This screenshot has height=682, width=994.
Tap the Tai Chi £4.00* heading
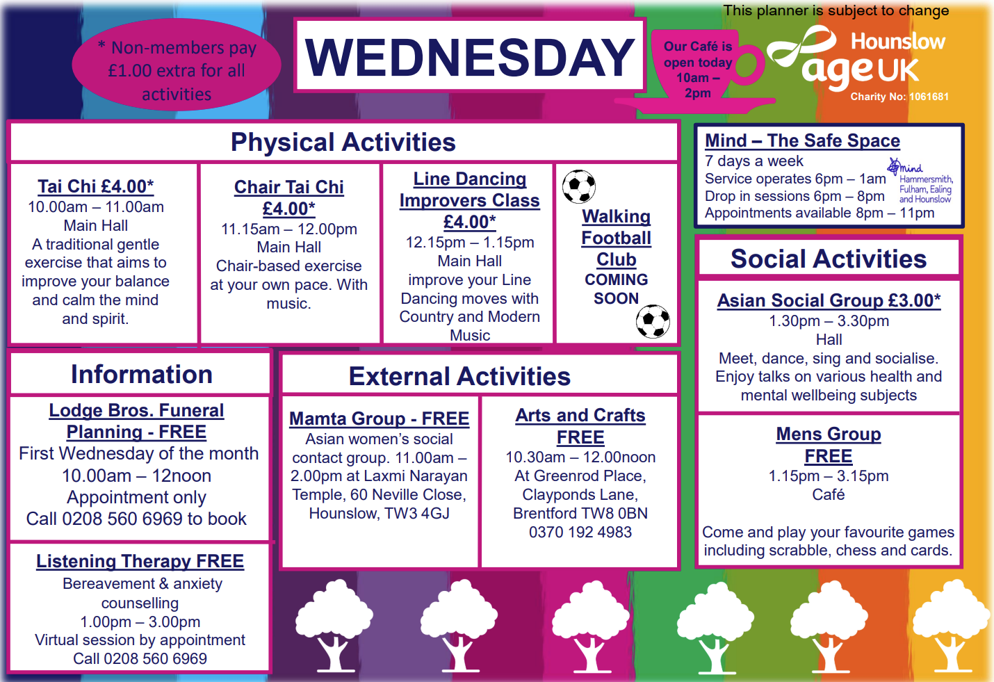pos(96,186)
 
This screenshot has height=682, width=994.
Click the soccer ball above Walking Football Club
pos(578,186)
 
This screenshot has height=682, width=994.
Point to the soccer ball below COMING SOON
pos(653,321)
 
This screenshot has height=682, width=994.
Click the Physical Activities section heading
pos(343,143)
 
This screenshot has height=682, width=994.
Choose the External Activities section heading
pos(459,376)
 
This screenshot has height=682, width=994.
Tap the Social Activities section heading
pos(829,259)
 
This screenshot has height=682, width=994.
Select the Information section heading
pos(142,374)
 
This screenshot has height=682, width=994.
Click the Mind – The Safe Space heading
pos(802,140)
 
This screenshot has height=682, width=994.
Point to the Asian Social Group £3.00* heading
pos(829,300)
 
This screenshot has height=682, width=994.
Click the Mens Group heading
pos(829,435)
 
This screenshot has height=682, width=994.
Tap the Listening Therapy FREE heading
pos(140,561)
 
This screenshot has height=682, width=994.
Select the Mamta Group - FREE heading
pos(380,419)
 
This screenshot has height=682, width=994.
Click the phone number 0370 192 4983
pos(580,533)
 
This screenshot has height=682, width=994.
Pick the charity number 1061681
pos(929,97)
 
